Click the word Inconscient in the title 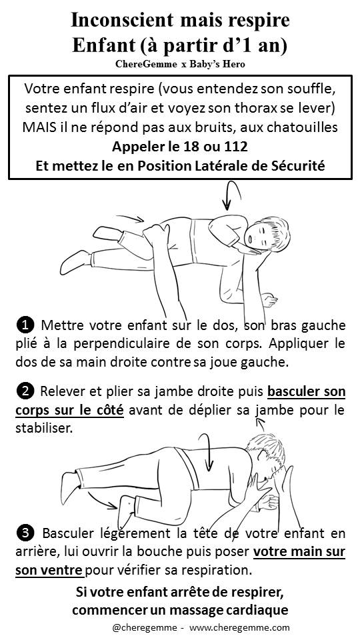[122, 19]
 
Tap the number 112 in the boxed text [234, 147]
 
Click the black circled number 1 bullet [25, 325]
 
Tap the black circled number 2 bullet [25, 391]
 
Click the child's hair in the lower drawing [267, 449]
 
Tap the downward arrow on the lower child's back [208, 451]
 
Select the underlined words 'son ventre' [49, 570]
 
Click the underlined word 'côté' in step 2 [109, 410]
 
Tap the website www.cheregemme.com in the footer [239, 628]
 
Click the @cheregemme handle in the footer [144, 628]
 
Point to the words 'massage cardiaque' [229, 610]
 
